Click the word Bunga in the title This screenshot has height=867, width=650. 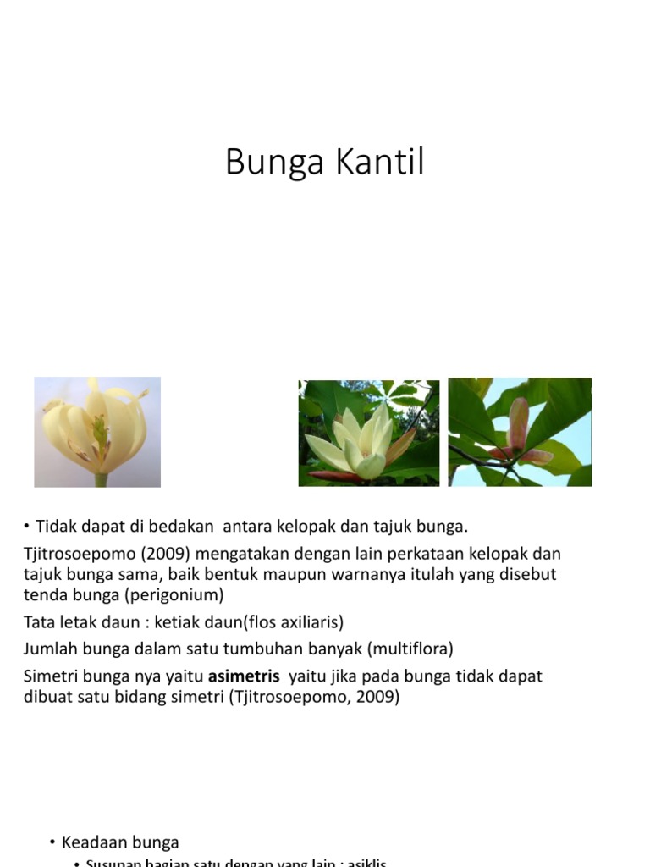coord(274,163)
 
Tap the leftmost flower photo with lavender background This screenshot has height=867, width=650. coord(97,432)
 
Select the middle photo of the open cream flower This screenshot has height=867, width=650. coord(369,433)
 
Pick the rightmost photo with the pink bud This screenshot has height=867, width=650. coord(520,432)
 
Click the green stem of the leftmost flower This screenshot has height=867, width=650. coord(102,479)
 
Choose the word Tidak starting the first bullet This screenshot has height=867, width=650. coord(55,527)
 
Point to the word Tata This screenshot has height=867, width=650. coord(39,622)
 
